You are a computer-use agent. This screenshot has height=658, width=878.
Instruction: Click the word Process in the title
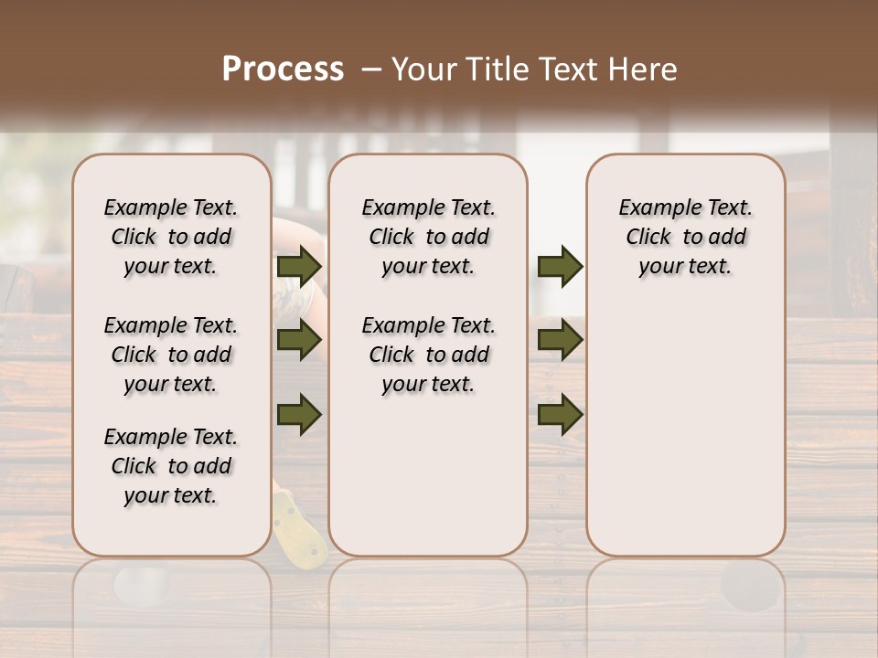coord(283,69)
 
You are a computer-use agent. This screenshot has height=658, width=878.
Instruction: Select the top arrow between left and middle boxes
coord(298,266)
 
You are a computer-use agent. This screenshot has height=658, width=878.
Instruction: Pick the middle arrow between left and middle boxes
coord(298,340)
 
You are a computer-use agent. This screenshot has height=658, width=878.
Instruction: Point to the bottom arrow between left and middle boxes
coord(298,414)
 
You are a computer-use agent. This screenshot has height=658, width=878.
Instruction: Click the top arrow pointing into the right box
coord(560,266)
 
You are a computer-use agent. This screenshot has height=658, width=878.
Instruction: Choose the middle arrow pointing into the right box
coord(560,340)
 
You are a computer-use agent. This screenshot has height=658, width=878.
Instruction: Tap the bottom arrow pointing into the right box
coord(560,414)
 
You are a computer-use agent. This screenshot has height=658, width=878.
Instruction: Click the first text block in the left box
coord(171,237)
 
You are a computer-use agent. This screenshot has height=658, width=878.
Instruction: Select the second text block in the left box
coord(171,355)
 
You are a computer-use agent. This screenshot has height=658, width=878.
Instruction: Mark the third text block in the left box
coord(171,466)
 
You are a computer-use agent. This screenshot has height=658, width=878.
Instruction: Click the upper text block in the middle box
coord(428,237)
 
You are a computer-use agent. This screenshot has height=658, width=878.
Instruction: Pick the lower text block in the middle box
coord(428,355)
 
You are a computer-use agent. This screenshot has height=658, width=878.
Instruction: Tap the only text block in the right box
coord(686,237)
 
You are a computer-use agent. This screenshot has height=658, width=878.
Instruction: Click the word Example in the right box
coord(653,208)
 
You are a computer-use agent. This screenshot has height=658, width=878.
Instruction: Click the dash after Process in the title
coord(371,69)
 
